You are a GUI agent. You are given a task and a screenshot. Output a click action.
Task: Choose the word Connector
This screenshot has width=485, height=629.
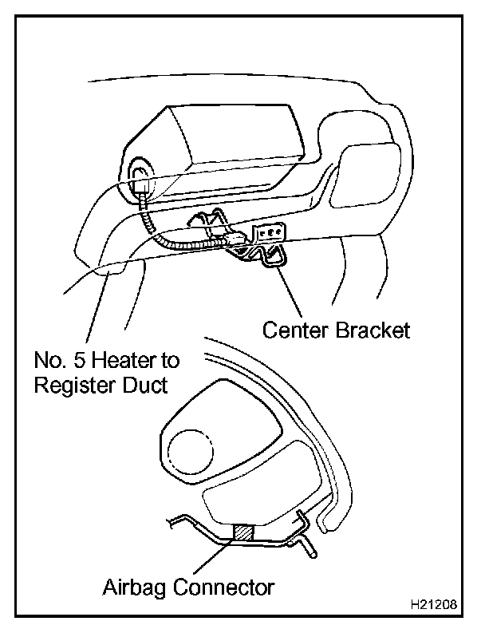[x=225, y=588]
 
